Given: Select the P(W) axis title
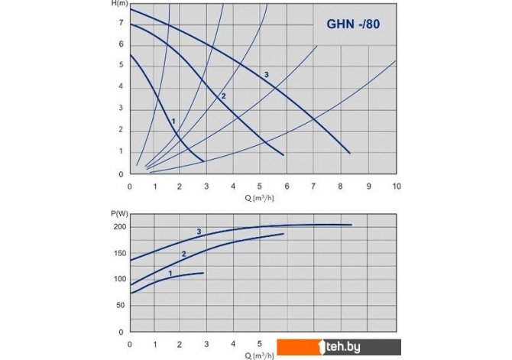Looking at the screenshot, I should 118,213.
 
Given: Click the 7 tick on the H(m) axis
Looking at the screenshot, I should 122,24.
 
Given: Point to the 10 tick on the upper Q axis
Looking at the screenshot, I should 395,186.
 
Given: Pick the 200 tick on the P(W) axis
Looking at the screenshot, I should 118,228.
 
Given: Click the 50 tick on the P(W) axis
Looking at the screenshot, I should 121,306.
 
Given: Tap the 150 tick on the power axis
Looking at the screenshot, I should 118,254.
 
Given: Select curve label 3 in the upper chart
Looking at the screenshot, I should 266,74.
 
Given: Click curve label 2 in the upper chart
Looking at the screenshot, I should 223,96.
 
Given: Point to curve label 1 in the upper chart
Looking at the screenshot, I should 173,121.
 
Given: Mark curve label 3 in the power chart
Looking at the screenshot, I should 199,232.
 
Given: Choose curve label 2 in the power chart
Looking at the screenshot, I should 183,254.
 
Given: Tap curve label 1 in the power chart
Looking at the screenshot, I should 169,273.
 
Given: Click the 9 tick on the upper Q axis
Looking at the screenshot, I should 369,186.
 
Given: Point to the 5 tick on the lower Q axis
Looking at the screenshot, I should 261,344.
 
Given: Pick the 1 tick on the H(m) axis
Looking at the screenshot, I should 122,152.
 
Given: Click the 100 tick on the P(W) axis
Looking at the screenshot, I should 118,280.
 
